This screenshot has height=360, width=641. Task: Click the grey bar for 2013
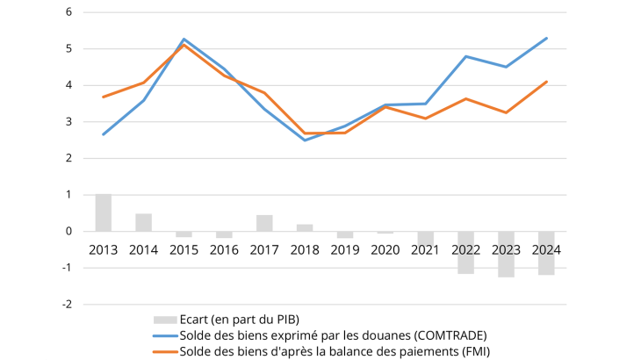pos(104,212)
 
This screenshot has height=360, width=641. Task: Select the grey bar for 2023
pos(506,254)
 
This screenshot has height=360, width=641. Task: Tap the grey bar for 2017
pos(264,223)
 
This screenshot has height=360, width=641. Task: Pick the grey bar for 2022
pos(465,252)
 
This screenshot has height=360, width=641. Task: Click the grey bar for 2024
pos(546,253)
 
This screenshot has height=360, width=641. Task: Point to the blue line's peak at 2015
pos(184,40)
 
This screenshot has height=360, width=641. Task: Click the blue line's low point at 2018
pos(305,140)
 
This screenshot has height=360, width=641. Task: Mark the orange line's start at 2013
pos(104,97)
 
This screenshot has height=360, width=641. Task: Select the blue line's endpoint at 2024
pos(546,38)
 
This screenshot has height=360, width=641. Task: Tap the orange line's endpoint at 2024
pos(546,82)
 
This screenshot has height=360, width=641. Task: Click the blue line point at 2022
pos(465,56)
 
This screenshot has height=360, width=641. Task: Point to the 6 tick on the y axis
pos(68,12)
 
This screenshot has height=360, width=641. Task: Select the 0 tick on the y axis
pos(68,231)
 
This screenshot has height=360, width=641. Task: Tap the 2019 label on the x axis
pos(345,249)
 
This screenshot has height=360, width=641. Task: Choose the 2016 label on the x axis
pos(224,249)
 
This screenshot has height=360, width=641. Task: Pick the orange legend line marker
pos(164,351)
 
